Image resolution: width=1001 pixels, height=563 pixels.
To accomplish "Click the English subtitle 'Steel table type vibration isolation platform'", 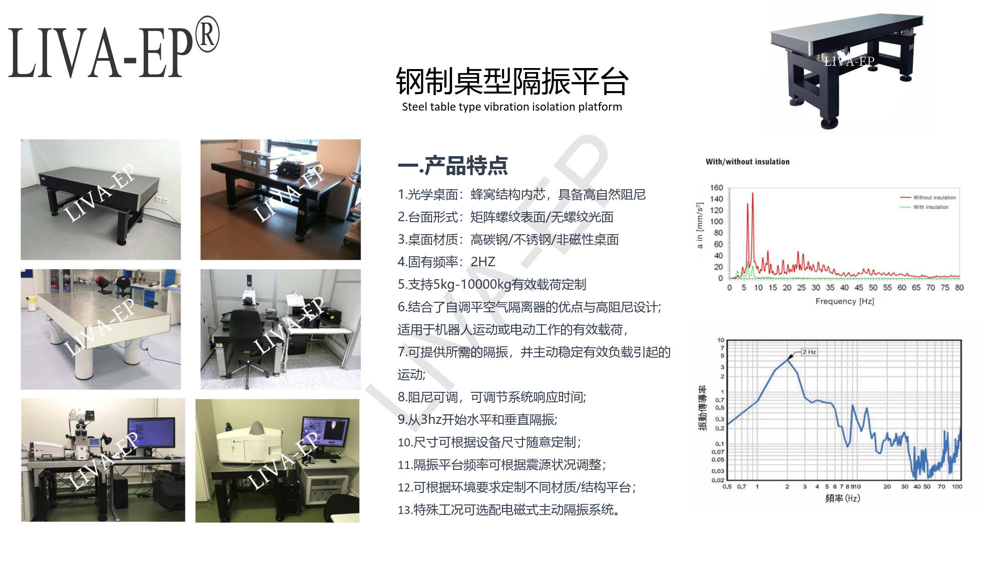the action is pyautogui.click(x=512, y=107).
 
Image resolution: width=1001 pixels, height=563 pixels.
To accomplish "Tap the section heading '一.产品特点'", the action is pyautogui.click(x=452, y=166).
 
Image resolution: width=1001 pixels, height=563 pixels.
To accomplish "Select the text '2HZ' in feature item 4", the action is pyautogui.click(x=482, y=262).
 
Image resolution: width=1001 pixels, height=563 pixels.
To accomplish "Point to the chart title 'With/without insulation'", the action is pyautogui.click(x=748, y=162).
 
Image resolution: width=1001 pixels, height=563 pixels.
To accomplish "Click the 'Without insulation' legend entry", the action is pyautogui.click(x=928, y=198).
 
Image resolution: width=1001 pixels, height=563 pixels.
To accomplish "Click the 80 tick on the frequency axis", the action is pyautogui.click(x=959, y=288).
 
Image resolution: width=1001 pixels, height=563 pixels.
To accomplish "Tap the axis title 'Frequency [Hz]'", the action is pyautogui.click(x=845, y=301).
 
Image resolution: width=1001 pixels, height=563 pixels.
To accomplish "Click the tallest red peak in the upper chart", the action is pyautogui.click(x=752, y=194).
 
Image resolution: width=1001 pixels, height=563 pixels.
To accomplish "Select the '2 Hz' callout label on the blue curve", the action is pyautogui.click(x=809, y=352).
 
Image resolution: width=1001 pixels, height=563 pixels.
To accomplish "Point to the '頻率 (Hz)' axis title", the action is pyautogui.click(x=843, y=498).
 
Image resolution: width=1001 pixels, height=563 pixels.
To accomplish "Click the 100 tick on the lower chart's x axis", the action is pyautogui.click(x=956, y=486).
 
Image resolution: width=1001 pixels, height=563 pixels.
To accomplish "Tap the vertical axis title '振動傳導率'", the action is pyautogui.click(x=703, y=408).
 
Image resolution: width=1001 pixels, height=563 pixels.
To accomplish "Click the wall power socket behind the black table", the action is pyautogui.click(x=161, y=200).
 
